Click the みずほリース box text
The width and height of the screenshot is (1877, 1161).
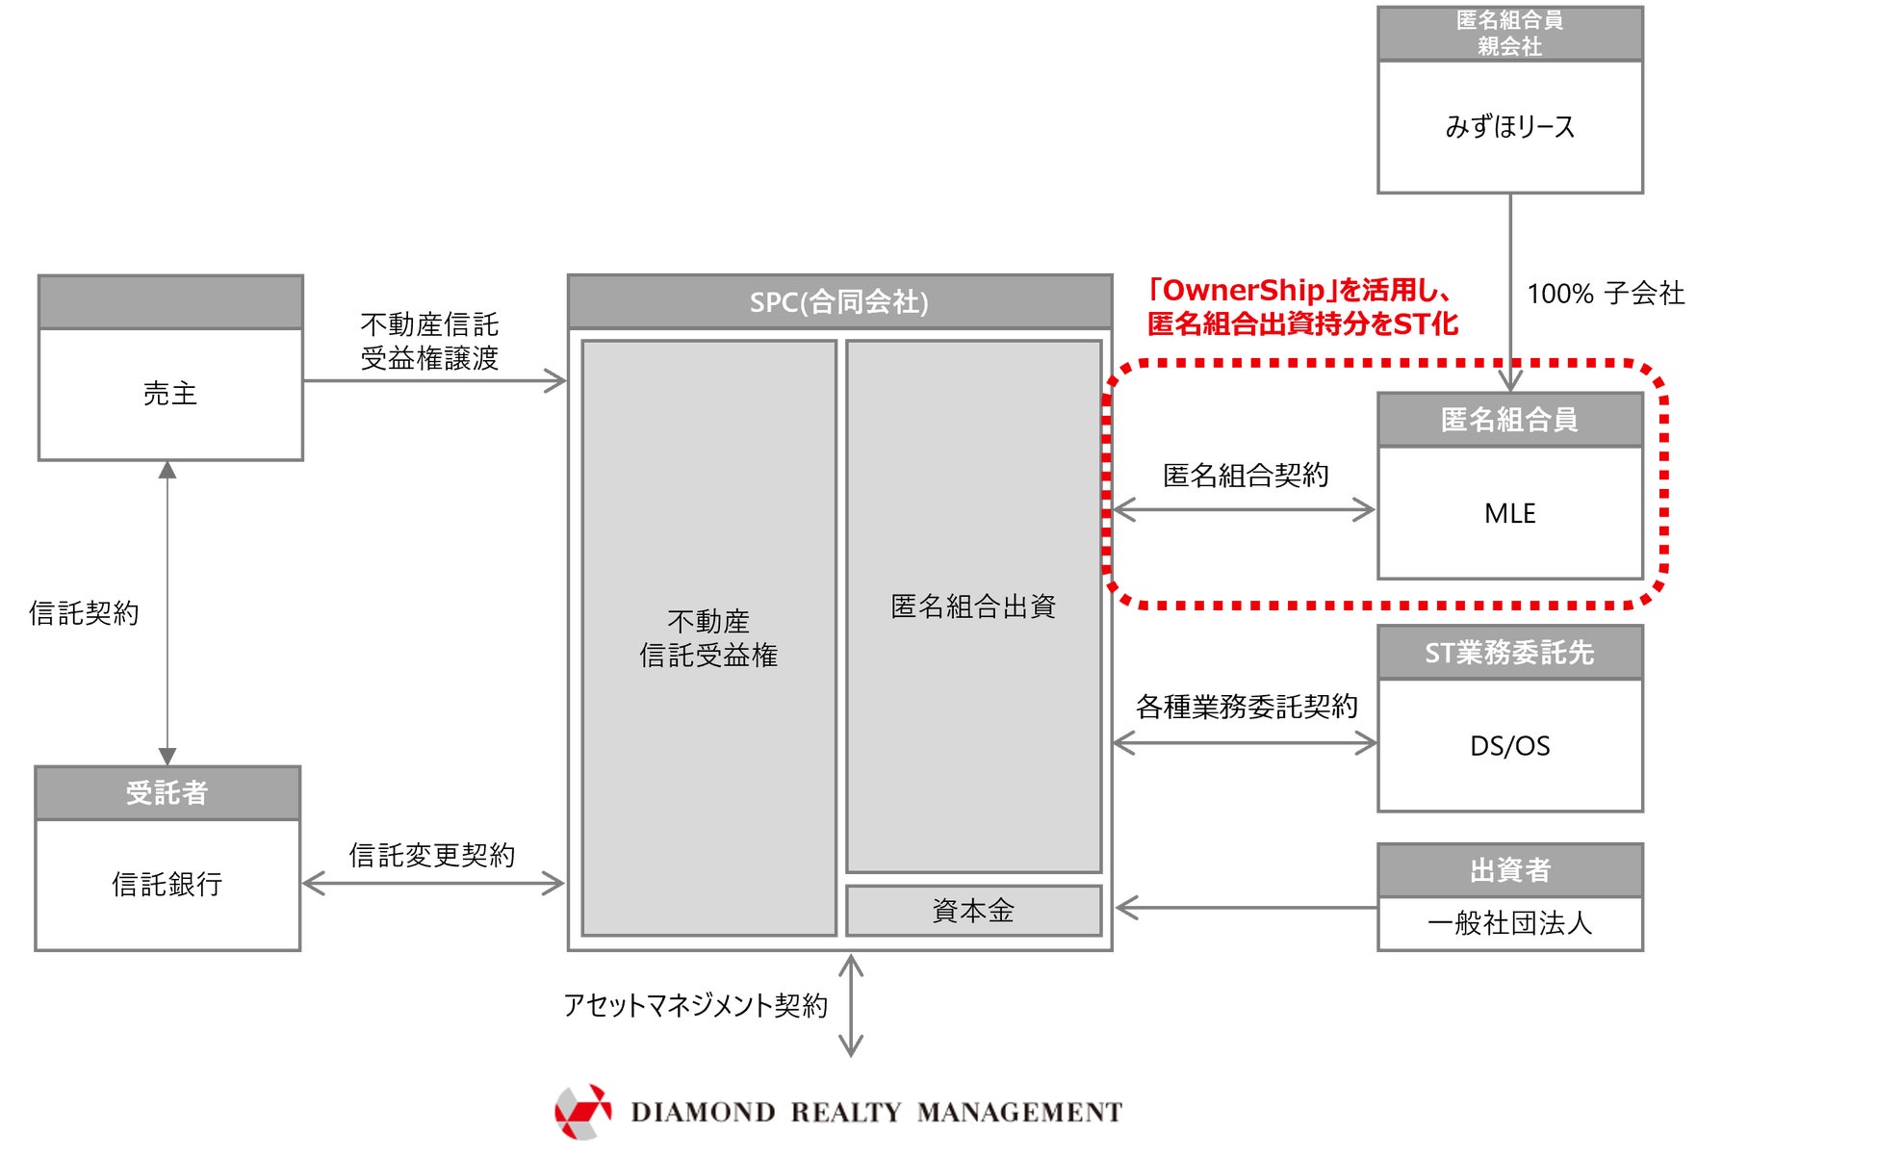point(1509,127)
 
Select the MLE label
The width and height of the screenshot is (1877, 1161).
point(1509,513)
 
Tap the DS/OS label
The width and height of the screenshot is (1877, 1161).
point(1509,746)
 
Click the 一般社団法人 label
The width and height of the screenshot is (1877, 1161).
point(1509,923)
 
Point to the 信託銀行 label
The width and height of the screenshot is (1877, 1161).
point(167,884)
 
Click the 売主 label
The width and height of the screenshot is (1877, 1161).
point(170,394)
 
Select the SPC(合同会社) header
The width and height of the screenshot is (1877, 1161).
point(839,302)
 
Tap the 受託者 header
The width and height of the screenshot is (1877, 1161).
point(167,792)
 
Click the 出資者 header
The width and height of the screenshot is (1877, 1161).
point(1509,870)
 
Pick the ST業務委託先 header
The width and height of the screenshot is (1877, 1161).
point(1509,653)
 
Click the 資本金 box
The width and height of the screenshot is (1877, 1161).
point(973,911)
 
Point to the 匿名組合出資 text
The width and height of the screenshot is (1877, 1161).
point(973,606)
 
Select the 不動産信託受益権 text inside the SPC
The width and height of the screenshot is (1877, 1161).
point(708,638)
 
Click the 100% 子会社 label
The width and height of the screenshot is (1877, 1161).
point(1606,294)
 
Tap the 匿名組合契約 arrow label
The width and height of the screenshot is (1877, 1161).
point(1246,475)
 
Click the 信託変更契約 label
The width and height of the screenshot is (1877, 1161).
point(432,855)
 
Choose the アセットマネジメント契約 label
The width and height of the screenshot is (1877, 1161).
point(695,1005)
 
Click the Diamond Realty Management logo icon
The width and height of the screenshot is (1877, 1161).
point(582,1112)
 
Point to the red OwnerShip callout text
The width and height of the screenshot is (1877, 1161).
point(1302,307)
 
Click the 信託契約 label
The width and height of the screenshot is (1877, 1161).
point(84,613)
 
